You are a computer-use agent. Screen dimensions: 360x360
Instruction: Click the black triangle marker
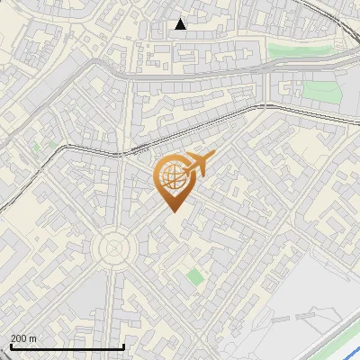[180, 24]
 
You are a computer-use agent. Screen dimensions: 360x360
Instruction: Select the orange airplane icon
[197, 165]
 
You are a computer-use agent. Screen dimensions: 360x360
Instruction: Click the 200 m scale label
[23, 338]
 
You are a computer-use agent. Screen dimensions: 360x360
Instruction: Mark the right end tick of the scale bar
[123, 346]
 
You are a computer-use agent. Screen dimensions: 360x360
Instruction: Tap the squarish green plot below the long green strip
[318, 92]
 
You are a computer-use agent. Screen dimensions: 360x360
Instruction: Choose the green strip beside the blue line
[342, 342]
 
